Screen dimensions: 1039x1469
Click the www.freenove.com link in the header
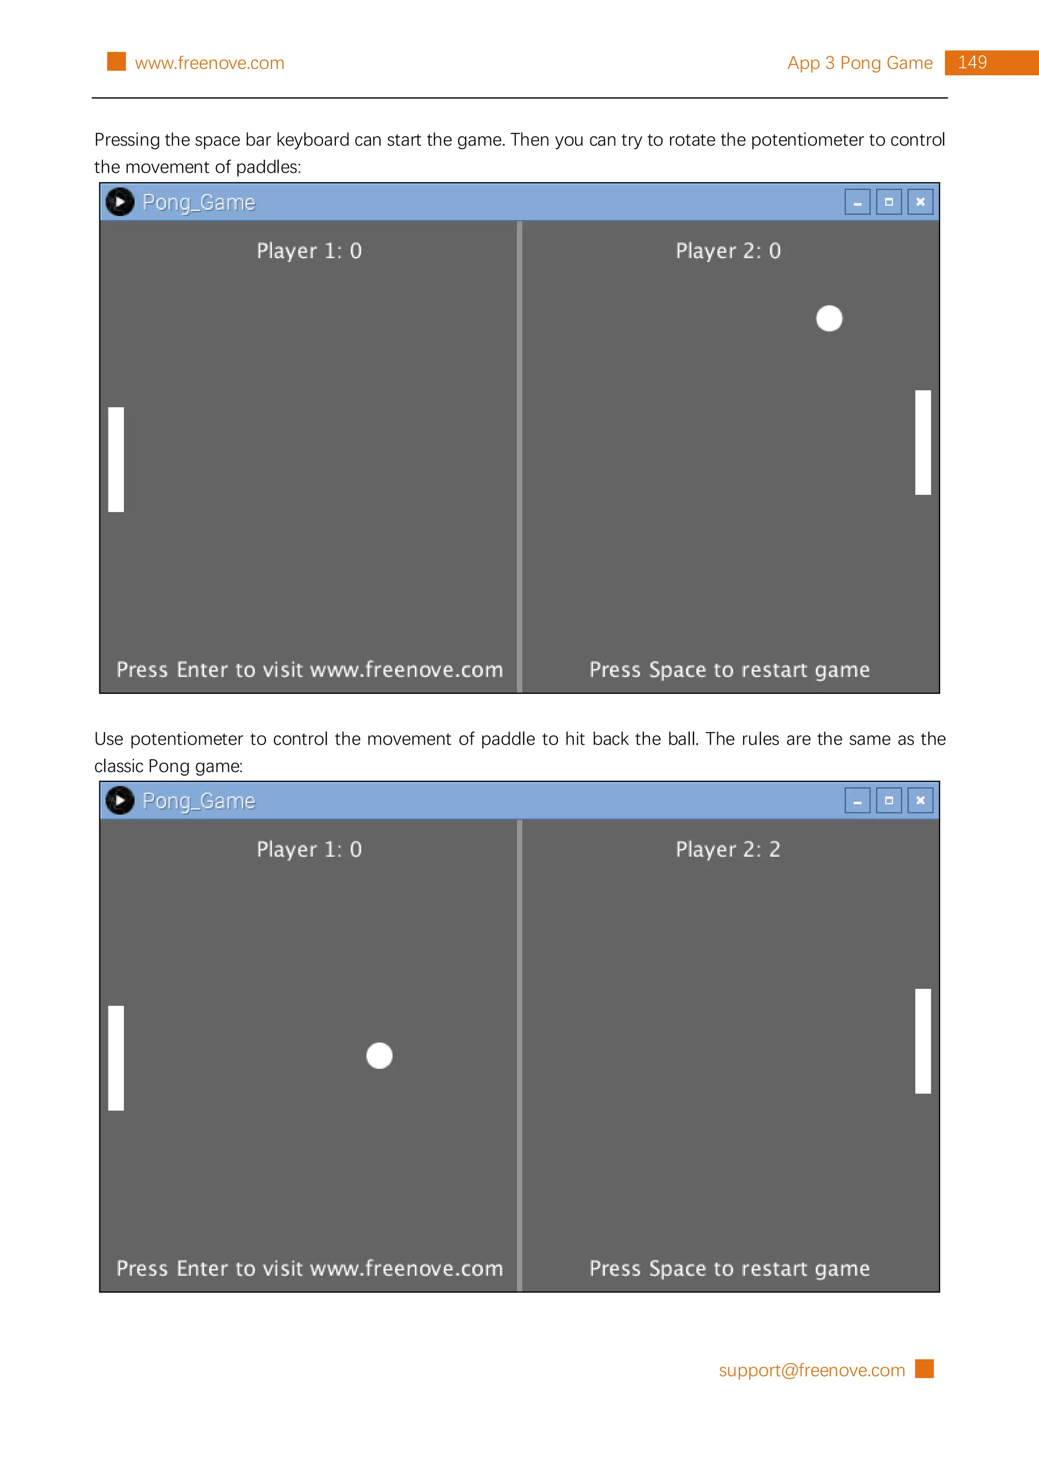pyautogui.click(x=210, y=63)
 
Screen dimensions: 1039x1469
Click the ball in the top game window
pyautogui.click(x=829, y=318)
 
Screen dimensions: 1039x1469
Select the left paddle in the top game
pyautogui.click(x=116, y=459)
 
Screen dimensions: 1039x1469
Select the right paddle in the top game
pyautogui.click(x=922, y=442)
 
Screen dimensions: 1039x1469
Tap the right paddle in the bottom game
pyautogui.click(x=922, y=1041)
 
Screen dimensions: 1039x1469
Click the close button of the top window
pyautogui.click(x=920, y=202)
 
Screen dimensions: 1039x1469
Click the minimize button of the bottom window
pyautogui.click(x=857, y=800)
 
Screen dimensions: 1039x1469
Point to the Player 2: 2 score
pyautogui.click(x=728, y=849)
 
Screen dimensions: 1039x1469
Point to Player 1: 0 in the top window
pyautogui.click(x=309, y=251)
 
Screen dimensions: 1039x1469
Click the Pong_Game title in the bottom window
pyautogui.click(x=198, y=801)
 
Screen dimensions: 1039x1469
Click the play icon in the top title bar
pyautogui.click(x=120, y=202)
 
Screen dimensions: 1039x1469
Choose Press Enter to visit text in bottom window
pyautogui.click(x=309, y=1268)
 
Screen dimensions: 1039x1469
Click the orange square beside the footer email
pyautogui.click(x=924, y=1369)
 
